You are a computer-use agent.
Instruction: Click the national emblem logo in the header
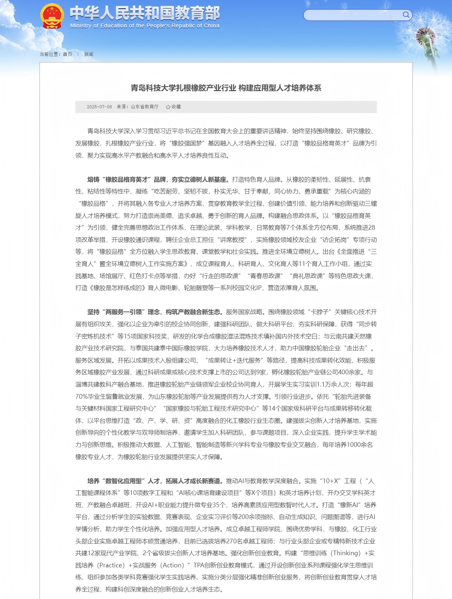point(52,16)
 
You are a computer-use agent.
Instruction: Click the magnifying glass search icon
point(406,15)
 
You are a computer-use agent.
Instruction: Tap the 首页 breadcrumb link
point(67,54)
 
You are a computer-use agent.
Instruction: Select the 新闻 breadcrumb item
point(89,54)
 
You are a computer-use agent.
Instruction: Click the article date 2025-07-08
point(99,107)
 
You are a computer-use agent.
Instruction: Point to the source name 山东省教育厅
point(145,107)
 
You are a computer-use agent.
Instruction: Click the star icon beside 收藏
point(168,107)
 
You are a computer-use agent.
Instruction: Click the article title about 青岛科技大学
point(226,88)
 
